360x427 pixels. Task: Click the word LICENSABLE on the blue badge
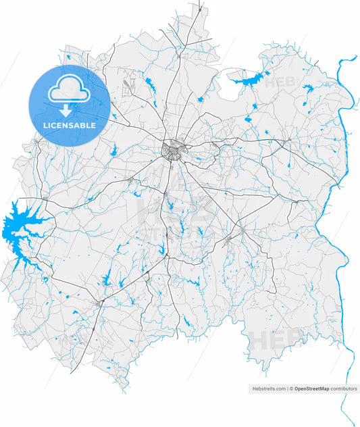coord(70,125)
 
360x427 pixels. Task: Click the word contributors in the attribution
coord(343,389)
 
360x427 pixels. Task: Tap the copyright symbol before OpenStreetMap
coord(291,389)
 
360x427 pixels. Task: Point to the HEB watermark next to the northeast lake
coord(278,82)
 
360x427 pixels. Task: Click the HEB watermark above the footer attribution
coord(277,338)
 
